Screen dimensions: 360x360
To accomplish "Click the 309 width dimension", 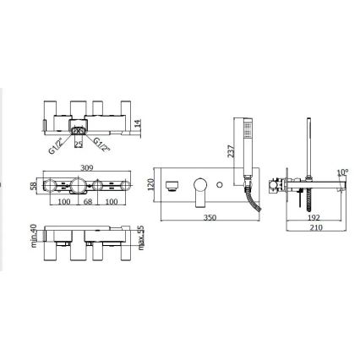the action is click(x=87, y=167).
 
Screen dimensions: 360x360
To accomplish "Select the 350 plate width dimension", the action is click(x=210, y=218).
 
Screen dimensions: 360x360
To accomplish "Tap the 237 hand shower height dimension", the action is click(x=231, y=151).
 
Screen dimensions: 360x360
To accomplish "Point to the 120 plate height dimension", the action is click(x=150, y=184).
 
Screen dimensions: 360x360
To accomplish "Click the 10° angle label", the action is click(x=342, y=172).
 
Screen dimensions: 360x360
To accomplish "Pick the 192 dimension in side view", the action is click(x=314, y=218).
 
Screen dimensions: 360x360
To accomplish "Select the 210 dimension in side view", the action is click(x=316, y=227).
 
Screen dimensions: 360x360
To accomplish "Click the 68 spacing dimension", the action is click(x=88, y=202).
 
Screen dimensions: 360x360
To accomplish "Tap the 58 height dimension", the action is click(x=34, y=186).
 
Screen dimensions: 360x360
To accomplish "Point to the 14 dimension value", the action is click(x=138, y=124).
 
